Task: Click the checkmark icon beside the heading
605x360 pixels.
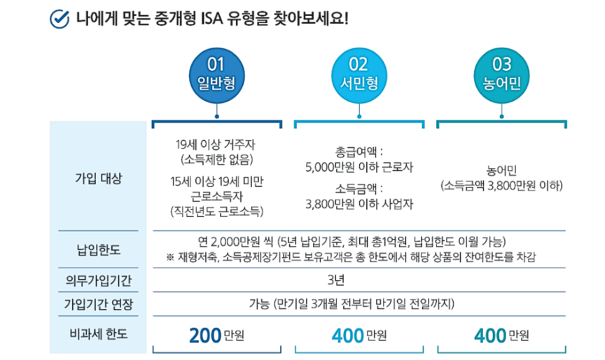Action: pyautogui.click(x=60, y=16)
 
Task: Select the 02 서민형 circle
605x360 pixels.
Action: pyautogui.click(x=359, y=74)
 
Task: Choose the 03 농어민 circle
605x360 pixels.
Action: pyautogui.click(x=501, y=74)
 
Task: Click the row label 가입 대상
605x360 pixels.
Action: pyautogui.click(x=98, y=178)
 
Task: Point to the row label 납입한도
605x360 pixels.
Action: pyautogui.click(x=98, y=248)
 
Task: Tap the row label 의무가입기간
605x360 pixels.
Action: pyautogui.click(x=98, y=282)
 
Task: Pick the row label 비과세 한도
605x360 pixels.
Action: pyautogui.click(x=98, y=334)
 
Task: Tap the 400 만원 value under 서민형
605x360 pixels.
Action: pyautogui.click(x=359, y=335)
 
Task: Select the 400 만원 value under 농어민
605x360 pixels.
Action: pyautogui.click(x=501, y=335)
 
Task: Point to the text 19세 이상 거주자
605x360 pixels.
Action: pyautogui.click(x=216, y=145)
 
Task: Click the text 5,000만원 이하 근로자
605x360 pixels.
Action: pyautogui.click(x=359, y=167)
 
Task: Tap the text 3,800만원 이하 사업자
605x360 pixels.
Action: pyautogui.click(x=359, y=205)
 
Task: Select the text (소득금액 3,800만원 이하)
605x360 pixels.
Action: pyautogui.click(x=501, y=186)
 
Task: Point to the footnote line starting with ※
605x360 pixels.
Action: pyautogui.click(x=351, y=258)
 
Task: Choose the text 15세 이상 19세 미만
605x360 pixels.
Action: pyautogui.click(x=216, y=181)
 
